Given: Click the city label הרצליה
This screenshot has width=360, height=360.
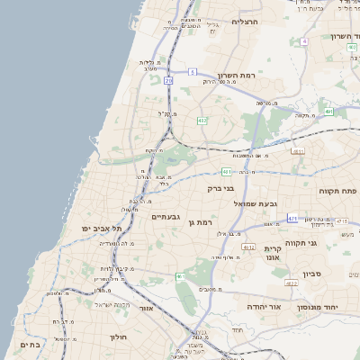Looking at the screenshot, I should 245,22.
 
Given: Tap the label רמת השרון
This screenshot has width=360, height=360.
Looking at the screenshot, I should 237,76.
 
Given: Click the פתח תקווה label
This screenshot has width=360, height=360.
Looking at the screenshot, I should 338,191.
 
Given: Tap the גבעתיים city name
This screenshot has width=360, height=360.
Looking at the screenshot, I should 166,217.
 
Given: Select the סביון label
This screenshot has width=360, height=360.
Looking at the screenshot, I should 311,272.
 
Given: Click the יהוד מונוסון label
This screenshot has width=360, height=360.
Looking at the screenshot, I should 341,307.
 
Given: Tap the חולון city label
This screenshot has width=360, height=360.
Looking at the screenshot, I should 120,337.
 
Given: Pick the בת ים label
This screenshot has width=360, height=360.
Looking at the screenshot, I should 29,345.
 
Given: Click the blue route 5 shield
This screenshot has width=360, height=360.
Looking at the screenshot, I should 193,71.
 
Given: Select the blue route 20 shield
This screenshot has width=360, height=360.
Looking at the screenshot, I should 168,80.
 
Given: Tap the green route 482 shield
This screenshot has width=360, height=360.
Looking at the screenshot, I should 202,120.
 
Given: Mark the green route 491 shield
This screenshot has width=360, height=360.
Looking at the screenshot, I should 329,112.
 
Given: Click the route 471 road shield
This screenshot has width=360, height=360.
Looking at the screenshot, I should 292,219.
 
